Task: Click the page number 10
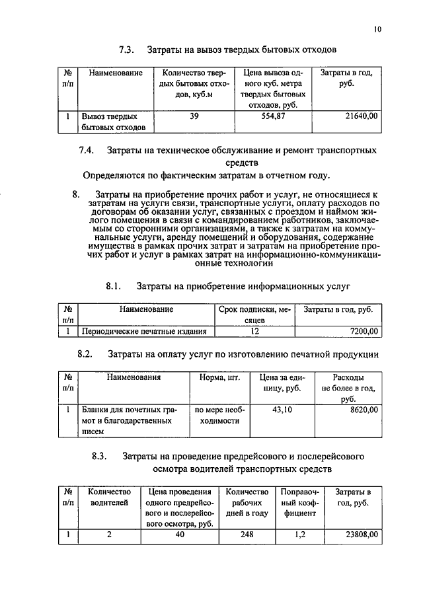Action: point(377,28)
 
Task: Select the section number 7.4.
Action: point(87,150)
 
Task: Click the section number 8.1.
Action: point(114,286)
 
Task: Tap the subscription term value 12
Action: point(254,331)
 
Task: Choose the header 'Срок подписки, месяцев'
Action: point(254,313)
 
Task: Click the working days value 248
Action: point(247,535)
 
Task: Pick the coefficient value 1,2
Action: point(299,535)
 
